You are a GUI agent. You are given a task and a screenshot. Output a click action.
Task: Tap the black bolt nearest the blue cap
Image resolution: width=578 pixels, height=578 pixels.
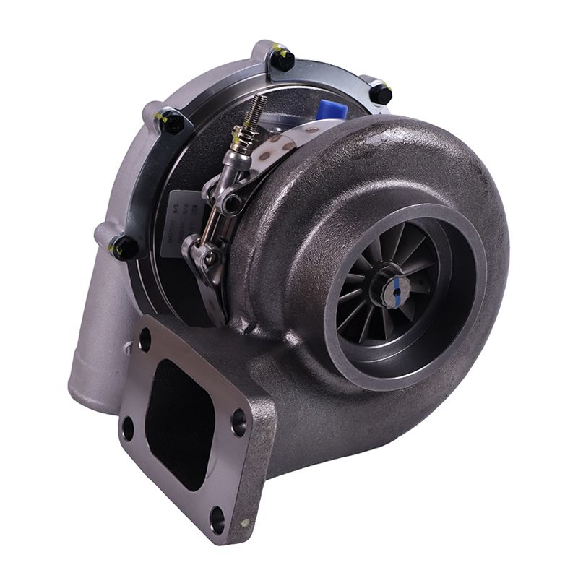(381, 94)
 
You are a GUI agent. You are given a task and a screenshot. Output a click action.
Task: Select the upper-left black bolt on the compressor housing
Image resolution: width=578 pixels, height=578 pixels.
(172, 122)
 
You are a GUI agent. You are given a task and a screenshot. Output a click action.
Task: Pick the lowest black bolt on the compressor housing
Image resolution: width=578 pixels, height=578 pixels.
(125, 248)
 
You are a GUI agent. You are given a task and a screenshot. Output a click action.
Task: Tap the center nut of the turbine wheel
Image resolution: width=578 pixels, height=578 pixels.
(394, 289)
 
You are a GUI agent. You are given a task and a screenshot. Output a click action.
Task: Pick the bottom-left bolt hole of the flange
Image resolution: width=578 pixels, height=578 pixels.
(128, 428)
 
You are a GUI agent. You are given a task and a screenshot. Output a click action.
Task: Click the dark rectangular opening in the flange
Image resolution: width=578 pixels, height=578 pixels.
(181, 423)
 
